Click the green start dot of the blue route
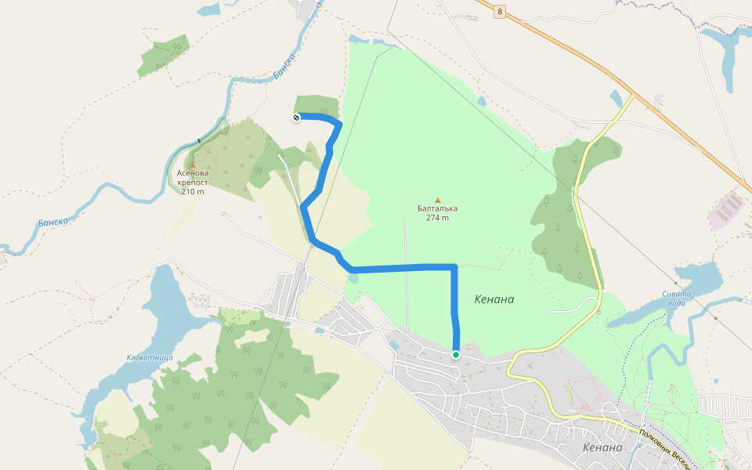coord(456,355)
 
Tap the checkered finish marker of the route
coord(297,117)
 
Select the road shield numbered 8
coord(500,12)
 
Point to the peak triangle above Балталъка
coord(438,200)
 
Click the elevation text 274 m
coord(438,218)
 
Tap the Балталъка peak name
coord(438,208)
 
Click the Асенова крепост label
coord(193,177)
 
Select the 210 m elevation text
coord(193,191)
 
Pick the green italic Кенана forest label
coord(494,299)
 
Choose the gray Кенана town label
coord(602,448)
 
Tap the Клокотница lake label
coord(149,357)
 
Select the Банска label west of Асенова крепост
coord(53,222)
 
